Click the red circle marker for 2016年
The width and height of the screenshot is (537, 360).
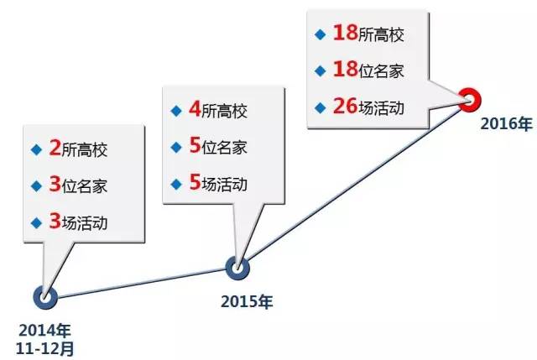pos(470,99)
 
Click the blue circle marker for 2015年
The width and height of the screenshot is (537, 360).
pos(237,267)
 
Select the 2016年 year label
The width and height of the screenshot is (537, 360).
pos(506,124)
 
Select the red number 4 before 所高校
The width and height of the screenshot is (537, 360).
pos(194,110)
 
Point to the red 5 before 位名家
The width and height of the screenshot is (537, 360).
pos(194,146)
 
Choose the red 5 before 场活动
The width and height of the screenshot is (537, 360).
pos(194,183)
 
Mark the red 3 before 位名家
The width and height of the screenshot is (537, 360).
pos(55,185)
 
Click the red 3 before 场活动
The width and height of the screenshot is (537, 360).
pos(55,222)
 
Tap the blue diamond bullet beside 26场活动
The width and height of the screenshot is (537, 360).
pos(319,107)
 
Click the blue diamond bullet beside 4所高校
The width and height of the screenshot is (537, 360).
pos(175,110)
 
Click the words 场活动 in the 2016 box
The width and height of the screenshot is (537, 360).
pos(384,107)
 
